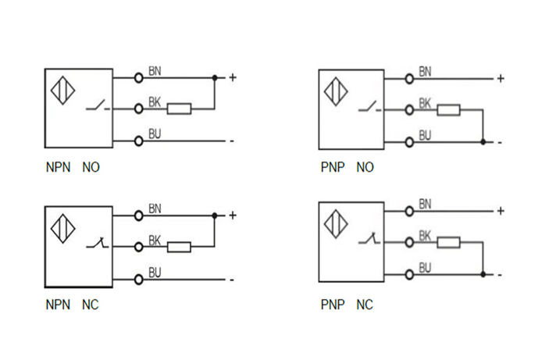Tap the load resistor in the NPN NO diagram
180,109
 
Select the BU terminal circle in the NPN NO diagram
139,141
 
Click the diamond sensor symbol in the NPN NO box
62,90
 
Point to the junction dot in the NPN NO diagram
215,77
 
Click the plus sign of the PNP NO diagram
501,78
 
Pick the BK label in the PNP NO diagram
426,102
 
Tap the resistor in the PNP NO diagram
448,109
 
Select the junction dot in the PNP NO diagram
484,141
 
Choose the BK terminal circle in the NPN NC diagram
139,247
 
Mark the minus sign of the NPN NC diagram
231,279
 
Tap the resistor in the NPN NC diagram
180,247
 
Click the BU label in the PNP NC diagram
426,268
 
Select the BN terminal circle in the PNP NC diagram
409,211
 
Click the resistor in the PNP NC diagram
448,243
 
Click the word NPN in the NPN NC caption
58,305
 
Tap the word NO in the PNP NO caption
365,167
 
